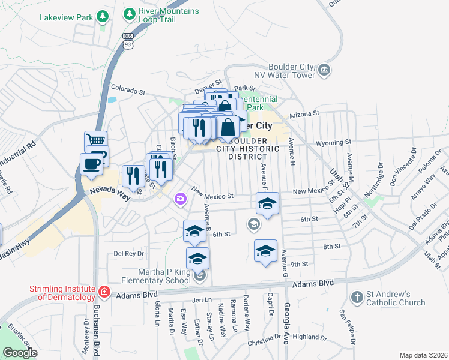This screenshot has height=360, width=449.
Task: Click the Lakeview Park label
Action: tap(66, 17)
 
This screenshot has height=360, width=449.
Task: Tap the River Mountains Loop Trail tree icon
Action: tap(129, 13)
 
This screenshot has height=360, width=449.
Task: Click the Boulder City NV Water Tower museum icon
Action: tap(324, 71)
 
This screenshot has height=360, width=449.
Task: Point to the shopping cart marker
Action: tap(95, 140)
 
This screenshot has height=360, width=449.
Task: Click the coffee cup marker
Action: tap(91, 163)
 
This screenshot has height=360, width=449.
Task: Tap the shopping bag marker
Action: tap(228, 128)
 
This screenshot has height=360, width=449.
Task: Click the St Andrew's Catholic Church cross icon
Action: tap(357, 297)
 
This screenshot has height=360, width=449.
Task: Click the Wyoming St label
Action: tap(335, 143)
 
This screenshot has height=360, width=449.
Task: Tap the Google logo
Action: tap(20, 353)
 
